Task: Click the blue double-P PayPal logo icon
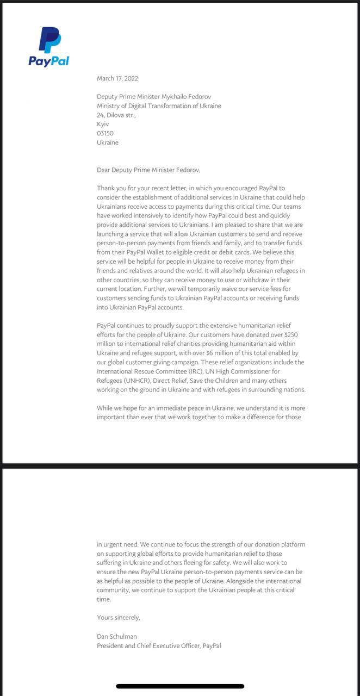pos(49,40)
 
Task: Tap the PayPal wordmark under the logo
pos(49,60)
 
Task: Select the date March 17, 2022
pos(117,78)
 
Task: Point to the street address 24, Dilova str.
pos(116,115)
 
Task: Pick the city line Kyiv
pos(103,125)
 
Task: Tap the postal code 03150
pos(105,133)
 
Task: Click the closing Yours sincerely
pos(119,617)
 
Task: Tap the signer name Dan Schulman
pos(117,636)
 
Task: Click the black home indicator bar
pos(180,686)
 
